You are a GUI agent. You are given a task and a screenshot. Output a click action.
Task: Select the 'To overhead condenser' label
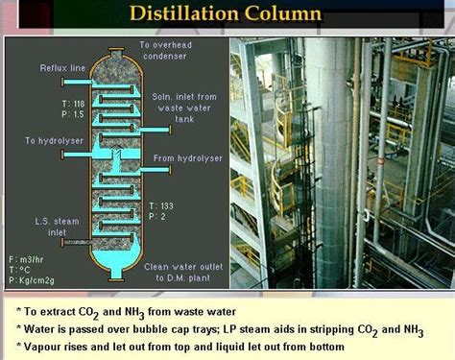point(166,51)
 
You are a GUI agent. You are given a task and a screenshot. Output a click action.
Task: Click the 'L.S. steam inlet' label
point(44,228)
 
